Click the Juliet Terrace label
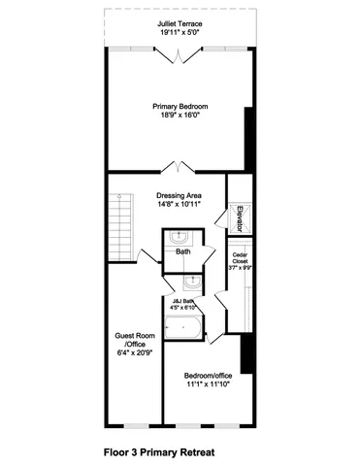[180, 23]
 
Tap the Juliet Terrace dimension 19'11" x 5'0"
[180, 32]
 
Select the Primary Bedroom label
[180, 106]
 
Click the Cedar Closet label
[241, 258]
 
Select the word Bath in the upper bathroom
[182, 252]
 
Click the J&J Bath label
[181, 300]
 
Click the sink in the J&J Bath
[190, 283]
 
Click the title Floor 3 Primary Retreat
[158, 451]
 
